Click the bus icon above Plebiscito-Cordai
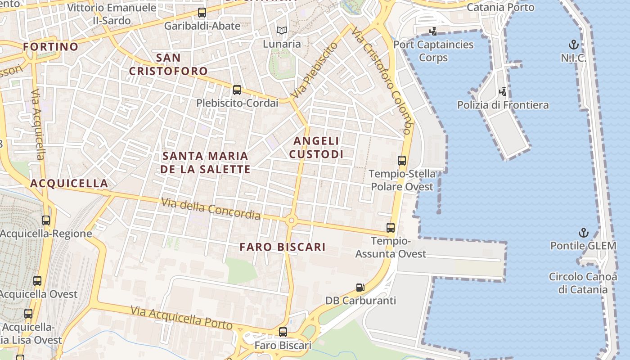tap(237, 90)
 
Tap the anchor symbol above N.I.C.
tap(573, 45)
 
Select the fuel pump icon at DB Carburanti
tap(360, 287)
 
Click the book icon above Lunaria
tap(282, 31)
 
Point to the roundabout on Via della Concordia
tap(292, 220)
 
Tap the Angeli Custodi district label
tap(316, 148)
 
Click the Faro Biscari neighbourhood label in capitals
tap(282, 247)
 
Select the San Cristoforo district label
tap(168, 64)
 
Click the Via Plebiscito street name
tap(314, 71)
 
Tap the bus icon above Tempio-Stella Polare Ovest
tap(401, 160)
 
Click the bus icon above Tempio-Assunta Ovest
tap(391, 228)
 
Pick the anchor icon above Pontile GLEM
tap(583, 233)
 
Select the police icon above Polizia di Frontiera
tap(503, 91)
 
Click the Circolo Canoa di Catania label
tap(583, 283)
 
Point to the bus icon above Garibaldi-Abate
tap(202, 13)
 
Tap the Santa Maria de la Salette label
tap(205, 162)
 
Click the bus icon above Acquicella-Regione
tap(46, 220)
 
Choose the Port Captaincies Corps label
tap(433, 51)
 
